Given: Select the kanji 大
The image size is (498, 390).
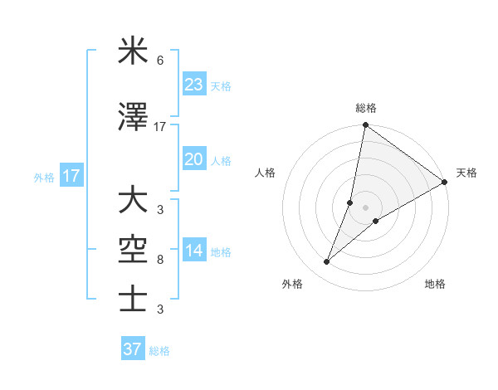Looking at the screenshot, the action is click(x=133, y=201).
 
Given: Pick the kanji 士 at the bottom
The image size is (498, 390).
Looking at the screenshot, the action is click(x=133, y=298).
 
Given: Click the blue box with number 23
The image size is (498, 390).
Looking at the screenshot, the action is click(x=194, y=84).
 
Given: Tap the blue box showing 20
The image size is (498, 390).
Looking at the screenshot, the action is click(x=194, y=159).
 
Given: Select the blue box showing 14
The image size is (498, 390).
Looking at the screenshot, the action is click(x=194, y=251).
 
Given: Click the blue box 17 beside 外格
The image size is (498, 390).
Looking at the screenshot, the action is click(x=71, y=177).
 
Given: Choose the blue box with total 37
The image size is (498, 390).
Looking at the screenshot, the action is click(x=132, y=349).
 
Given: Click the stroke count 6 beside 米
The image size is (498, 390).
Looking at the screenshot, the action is click(x=159, y=61).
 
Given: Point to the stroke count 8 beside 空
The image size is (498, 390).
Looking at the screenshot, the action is click(x=159, y=260).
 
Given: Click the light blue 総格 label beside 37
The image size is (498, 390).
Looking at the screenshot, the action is click(x=160, y=351).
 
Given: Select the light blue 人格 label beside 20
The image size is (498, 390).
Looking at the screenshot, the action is click(x=221, y=161).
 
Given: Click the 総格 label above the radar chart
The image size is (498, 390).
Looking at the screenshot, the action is click(x=366, y=108).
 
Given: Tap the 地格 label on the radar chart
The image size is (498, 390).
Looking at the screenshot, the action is click(x=435, y=284).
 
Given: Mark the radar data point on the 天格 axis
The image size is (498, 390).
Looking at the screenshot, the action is click(x=445, y=183).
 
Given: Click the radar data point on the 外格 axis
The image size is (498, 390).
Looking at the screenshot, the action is click(x=327, y=262).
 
